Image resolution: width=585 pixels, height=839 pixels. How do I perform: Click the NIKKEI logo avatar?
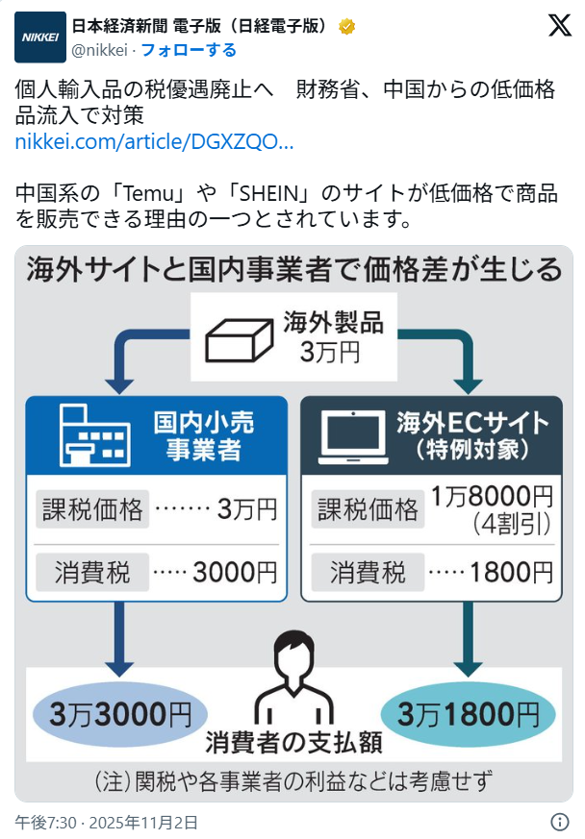(39, 37)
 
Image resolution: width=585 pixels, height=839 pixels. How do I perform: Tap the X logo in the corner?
(559, 27)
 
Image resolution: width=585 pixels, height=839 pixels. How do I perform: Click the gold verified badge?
(347, 27)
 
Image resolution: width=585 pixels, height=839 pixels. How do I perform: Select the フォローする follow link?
(189, 49)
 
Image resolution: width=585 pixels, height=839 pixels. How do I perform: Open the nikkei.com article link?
(154, 142)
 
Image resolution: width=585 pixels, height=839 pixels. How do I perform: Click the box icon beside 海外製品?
(240, 337)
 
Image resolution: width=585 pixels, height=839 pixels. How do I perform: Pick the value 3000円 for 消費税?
(235, 572)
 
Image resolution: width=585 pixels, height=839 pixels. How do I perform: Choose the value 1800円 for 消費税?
(511, 572)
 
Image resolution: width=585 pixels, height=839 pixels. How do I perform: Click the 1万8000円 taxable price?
(492, 497)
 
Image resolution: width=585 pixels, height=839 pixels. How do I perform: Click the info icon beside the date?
(559, 822)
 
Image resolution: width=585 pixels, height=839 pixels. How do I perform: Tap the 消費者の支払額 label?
(292, 743)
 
